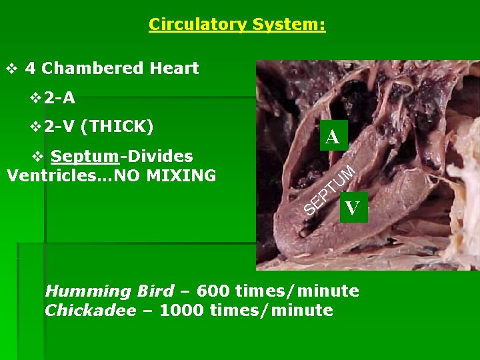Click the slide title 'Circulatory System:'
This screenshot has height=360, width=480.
pyautogui.click(x=237, y=25)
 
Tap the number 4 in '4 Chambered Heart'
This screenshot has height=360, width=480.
pyautogui.click(x=30, y=68)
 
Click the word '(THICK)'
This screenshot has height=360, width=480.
pyautogui.click(x=119, y=126)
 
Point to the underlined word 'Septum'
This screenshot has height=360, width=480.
pyautogui.click(x=85, y=157)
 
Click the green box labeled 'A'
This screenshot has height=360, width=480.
pyautogui.click(x=332, y=137)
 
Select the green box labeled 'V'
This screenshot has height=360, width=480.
pyautogui.click(x=352, y=208)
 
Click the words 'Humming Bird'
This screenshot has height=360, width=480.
pyautogui.click(x=109, y=291)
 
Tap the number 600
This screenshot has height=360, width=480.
pyautogui.click(x=214, y=291)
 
